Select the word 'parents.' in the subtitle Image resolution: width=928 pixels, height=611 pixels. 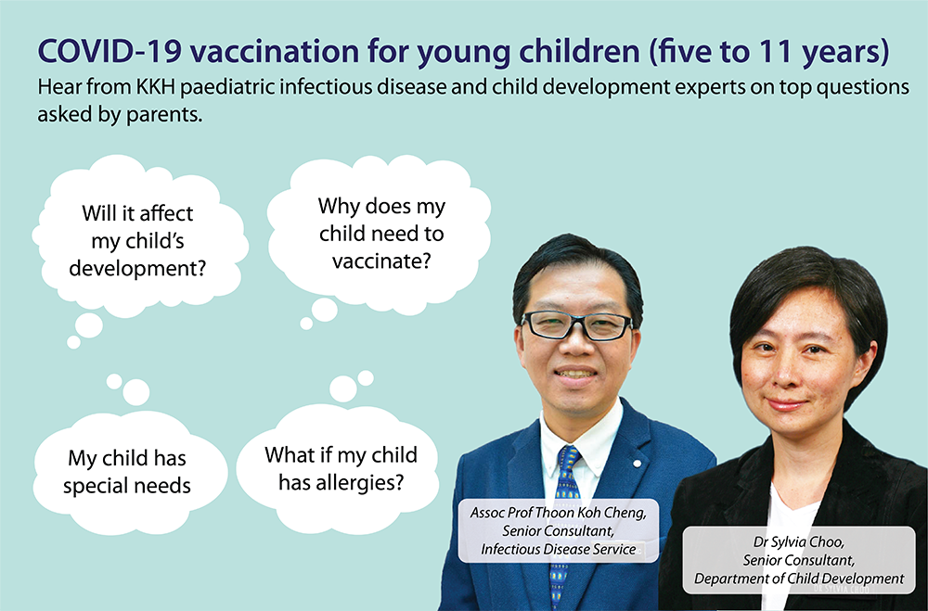pyautogui.click(x=164, y=115)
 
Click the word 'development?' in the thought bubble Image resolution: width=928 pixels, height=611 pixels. pyautogui.click(x=137, y=269)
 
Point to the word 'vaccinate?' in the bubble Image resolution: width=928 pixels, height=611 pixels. pyautogui.click(x=381, y=261)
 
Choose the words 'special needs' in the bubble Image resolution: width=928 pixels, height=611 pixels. pyautogui.click(x=126, y=486)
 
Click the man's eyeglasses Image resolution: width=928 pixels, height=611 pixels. pyautogui.click(x=576, y=325)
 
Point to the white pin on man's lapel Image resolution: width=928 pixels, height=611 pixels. pyautogui.click(x=637, y=463)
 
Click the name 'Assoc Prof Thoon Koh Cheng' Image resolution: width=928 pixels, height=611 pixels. pyautogui.click(x=558, y=512)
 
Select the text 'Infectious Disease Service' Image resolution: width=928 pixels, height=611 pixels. pyautogui.click(x=558, y=550)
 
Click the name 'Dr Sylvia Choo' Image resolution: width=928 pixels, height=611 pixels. pyautogui.click(x=798, y=541)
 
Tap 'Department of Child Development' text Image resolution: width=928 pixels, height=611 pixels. pyautogui.click(x=799, y=579)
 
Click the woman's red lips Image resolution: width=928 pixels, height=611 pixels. pyautogui.click(x=786, y=405)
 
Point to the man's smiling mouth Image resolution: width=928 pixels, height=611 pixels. pyautogui.click(x=575, y=375)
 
